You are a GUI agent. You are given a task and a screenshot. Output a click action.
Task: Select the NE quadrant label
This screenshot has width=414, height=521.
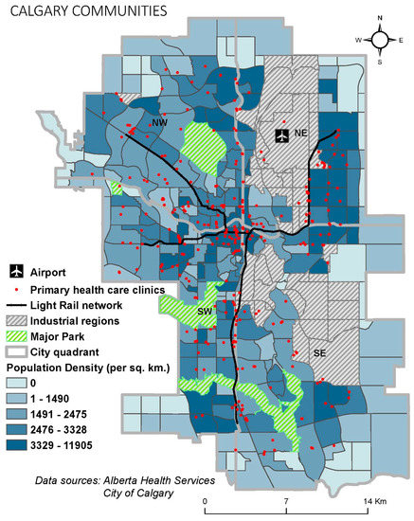point(302,135)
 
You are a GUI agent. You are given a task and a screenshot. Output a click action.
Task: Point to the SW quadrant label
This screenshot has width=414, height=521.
point(204,311)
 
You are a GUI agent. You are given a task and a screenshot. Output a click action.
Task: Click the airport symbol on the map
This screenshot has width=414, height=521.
point(280,136)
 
